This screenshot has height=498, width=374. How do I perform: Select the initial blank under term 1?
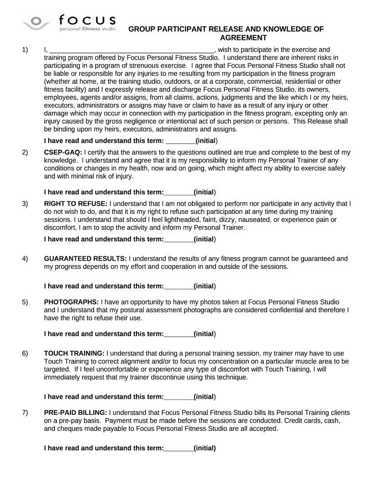pyautogui.click(x=180, y=141)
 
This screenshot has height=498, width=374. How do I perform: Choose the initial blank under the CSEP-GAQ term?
pyautogui.click(x=179, y=192)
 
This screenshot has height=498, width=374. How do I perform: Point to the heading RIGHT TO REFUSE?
pyautogui.click(x=76, y=203)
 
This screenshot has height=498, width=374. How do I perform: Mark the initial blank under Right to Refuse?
pyautogui.click(x=179, y=239)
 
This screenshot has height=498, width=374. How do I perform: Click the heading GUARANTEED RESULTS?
pyautogui.click(x=85, y=259)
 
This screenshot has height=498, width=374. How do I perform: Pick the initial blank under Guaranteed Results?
pyautogui.click(x=179, y=286)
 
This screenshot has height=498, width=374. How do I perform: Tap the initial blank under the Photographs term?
pyautogui.click(x=179, y=334)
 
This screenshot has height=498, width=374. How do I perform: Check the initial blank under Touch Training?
pyautogui.click(x=179, y=396)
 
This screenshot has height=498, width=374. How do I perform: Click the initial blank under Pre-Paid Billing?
pyautogui.click(x=179, y=448)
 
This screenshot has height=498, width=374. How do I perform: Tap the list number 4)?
pyautogui.click(x=25, y=259)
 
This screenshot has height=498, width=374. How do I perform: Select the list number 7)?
pyautogui.click(x=25, y=412)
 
